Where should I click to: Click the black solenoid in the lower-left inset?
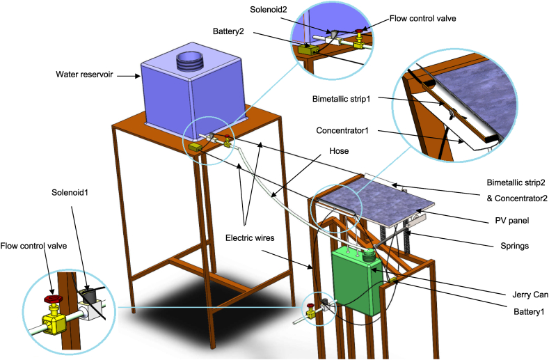coord(88,298)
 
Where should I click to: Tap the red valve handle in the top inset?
coord(360,33)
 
